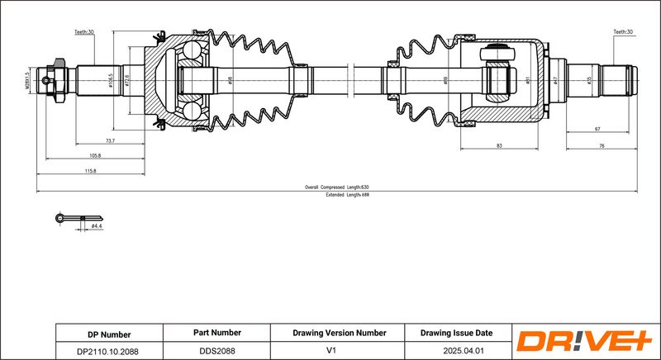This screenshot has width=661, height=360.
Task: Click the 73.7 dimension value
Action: pos(110,141)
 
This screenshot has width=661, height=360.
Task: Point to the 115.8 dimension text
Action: pos(90,171)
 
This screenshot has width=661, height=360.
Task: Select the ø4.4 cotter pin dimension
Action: pos(97,225)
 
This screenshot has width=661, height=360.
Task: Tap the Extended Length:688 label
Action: pos(346,194)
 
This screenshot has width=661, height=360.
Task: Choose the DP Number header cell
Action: pos(109,334)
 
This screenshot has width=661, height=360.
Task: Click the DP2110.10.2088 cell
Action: pos(109,351)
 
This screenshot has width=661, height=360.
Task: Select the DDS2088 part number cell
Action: pos(216,351)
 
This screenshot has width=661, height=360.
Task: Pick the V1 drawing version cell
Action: pos(339,351)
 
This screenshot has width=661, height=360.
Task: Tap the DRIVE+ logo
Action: pos(584,341)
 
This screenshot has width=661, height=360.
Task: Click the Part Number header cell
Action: pos(216,334)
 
